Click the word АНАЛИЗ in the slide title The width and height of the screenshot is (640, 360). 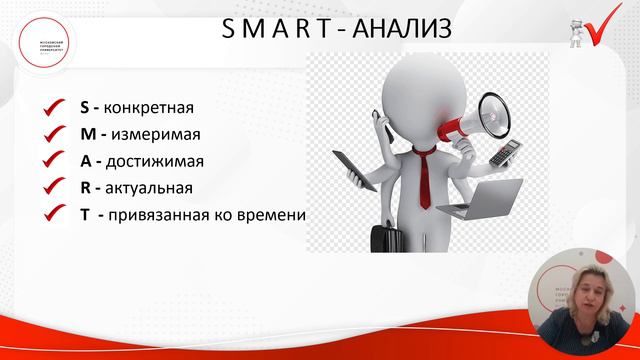pos(394,33)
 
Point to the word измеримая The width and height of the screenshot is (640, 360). pos(143,133)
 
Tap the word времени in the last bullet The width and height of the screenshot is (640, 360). pos(272,214)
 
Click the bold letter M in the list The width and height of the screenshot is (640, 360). pos(86,133)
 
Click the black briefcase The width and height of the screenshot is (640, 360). pos(386,236)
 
